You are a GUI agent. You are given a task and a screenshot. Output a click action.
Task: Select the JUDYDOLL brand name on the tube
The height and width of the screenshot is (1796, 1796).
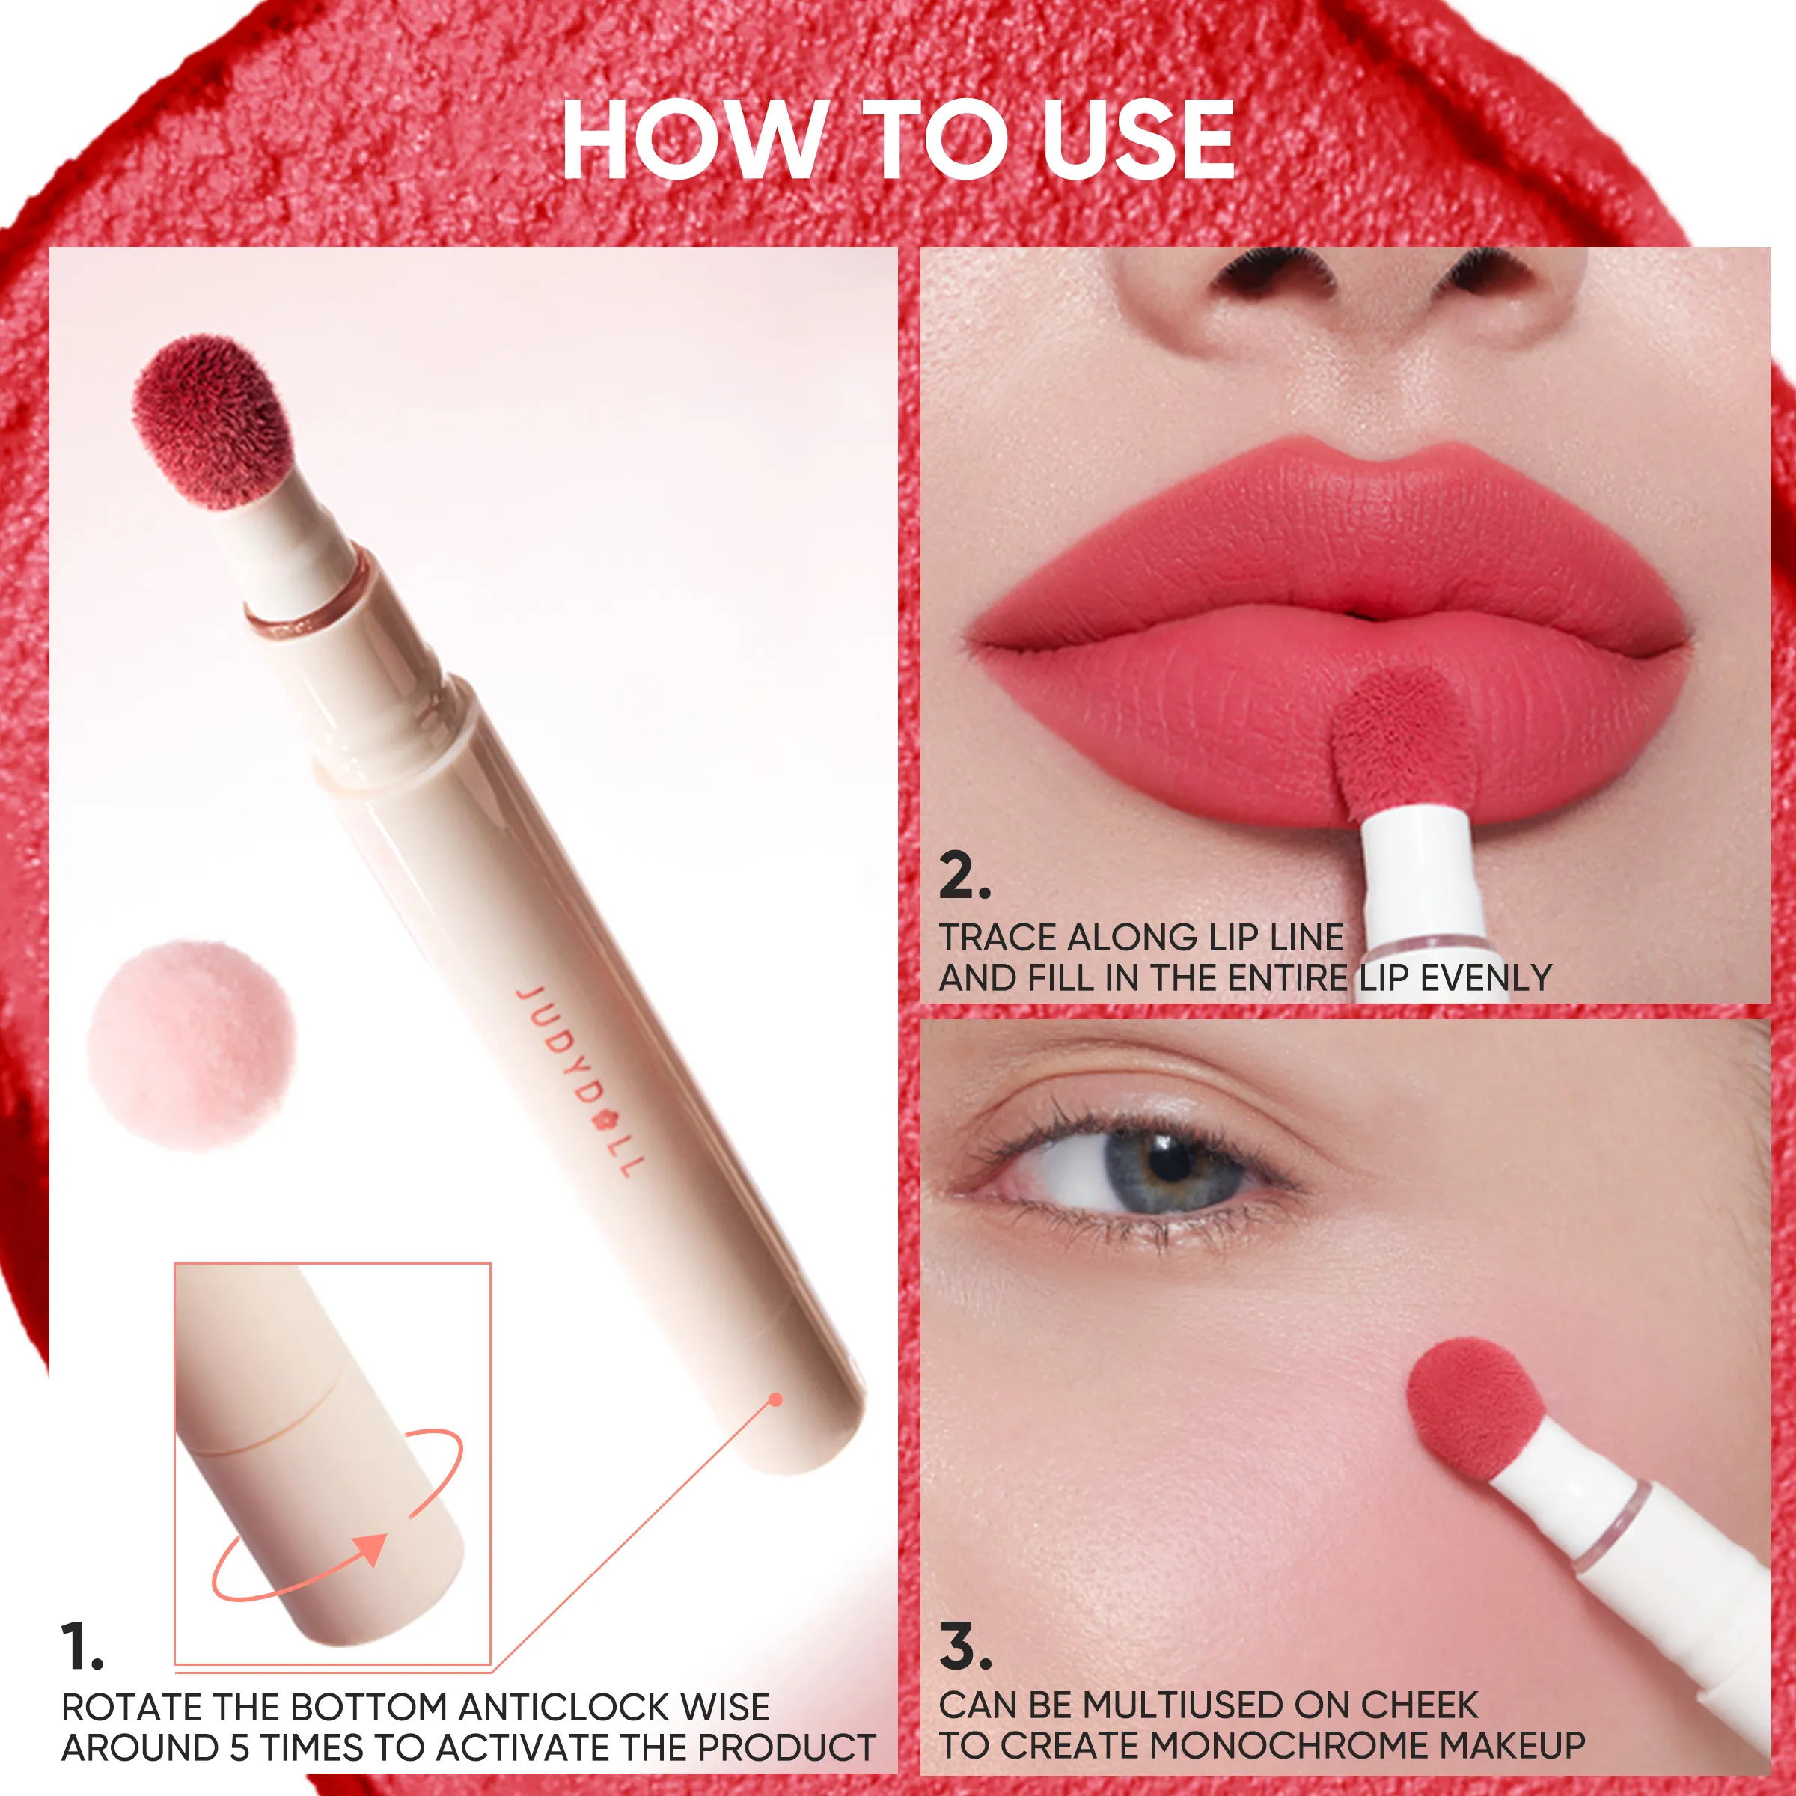click(579, 1080)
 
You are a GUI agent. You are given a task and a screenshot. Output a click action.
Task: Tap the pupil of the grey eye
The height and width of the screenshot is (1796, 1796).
click(1168, 1160)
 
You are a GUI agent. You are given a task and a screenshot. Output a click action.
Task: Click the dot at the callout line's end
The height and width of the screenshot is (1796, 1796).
click(776, 1400)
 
